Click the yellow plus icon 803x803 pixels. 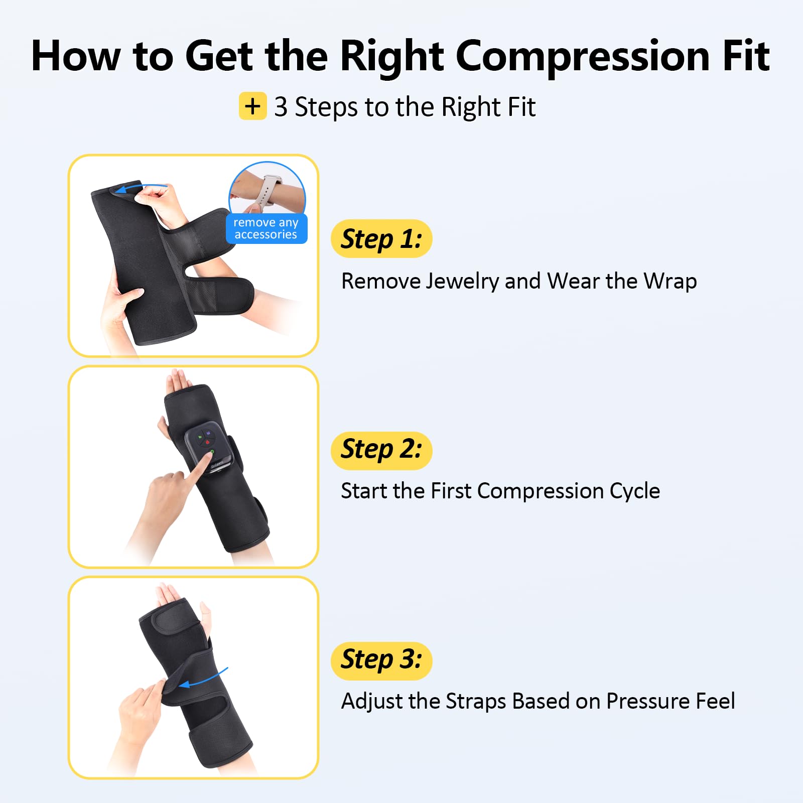tap(252, 106)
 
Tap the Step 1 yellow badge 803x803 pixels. tap(381, 239)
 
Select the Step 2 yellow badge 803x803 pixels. tap(381, 451)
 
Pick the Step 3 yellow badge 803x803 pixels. tap(381, 661)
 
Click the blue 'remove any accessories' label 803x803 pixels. tap(266, 229)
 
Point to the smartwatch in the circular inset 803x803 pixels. tap(269, 191)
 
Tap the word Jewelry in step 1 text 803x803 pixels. tap(462, 282)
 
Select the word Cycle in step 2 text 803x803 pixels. tap(635, 491)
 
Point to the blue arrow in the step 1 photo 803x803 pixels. tap(141, 188)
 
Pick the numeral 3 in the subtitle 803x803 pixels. tap(281, 107)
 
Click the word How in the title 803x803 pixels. tap(76, 56)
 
